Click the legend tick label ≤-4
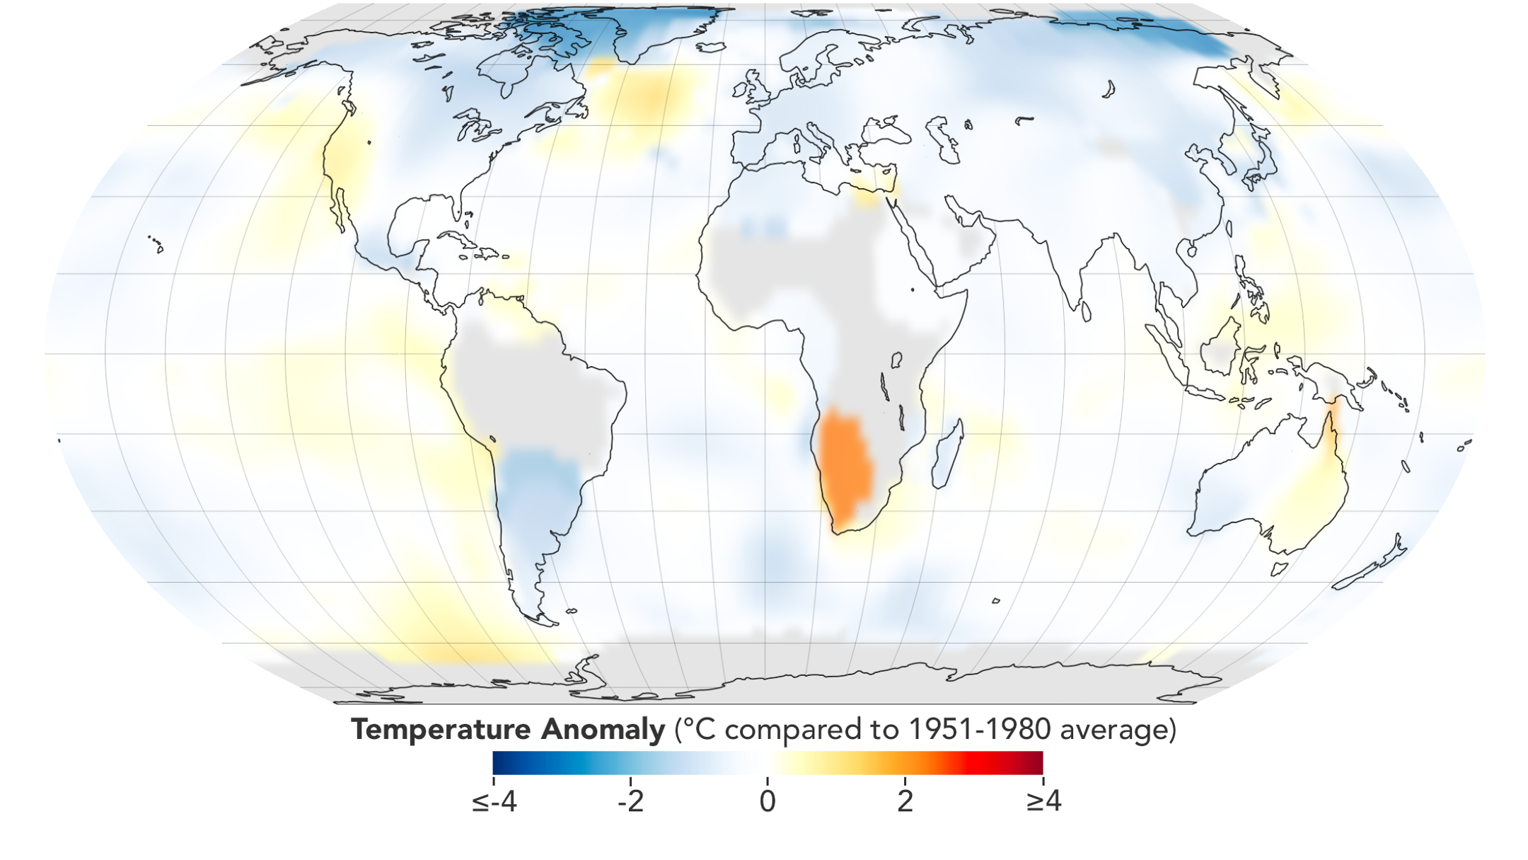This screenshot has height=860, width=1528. (x=494, y=802)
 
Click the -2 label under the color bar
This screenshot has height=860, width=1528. (x=630, y=802)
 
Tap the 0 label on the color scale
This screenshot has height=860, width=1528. (x=768, y=802)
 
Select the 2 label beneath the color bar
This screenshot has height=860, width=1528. (x=905, y=802)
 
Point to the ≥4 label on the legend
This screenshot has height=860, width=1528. (x=1043, y=802)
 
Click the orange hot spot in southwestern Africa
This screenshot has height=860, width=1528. (x=843, y=464)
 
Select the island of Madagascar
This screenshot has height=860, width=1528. (x=948, y=455)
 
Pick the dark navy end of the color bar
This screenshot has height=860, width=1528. (x=502, y=763)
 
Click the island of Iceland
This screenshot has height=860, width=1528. (x=711, y=47)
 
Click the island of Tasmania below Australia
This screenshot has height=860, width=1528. (x=1279, y=568)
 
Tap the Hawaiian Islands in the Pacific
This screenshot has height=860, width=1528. (x=156, y=243)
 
